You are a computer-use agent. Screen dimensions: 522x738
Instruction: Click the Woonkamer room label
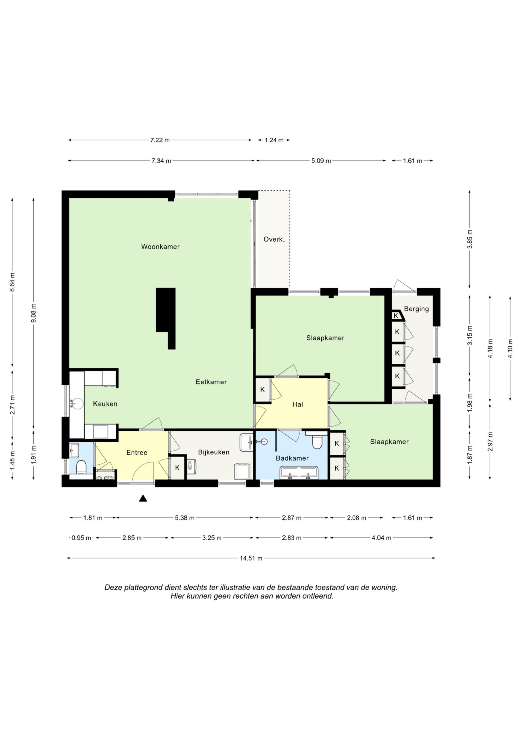[x=160, y=247]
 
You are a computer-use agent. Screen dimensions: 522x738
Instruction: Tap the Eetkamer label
[x=211, y=382]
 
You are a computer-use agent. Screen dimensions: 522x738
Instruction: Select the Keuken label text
[x=105, y=404]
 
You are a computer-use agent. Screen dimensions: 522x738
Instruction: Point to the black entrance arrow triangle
[x=143, y=498]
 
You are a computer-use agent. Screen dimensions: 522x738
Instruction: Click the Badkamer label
[x=292, y=458]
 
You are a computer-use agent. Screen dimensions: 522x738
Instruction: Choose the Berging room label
[x=416, y=309]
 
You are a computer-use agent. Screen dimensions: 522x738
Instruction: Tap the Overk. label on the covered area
[x=274, y=239]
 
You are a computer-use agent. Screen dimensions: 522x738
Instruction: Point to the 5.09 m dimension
[x=321, y=161]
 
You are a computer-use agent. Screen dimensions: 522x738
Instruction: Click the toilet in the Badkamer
[x=317, y=441]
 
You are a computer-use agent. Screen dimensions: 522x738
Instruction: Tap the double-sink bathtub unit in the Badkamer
[x=299, y=472]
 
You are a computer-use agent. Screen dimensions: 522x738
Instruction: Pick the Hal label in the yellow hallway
[x=298, y=404]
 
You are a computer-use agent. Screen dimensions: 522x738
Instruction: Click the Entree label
[x=137, y=453]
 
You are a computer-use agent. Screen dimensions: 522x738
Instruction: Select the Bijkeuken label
[x=213, y=452]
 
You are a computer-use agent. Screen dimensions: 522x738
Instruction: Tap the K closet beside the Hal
[x=263, y=389]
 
